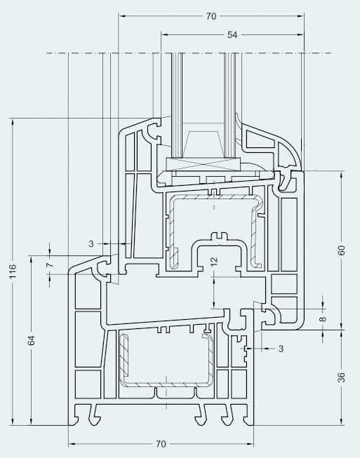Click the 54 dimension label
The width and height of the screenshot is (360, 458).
click(232, 35)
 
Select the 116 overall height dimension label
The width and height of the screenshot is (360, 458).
click(13, 271)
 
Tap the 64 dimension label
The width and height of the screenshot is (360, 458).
click(32, 340)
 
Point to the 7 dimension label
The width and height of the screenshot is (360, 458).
click(51, 264)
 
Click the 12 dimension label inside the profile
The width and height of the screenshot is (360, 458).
click(214, 261)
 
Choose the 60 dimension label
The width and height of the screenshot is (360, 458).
click(341, 250)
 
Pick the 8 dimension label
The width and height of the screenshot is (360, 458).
click(323, 318)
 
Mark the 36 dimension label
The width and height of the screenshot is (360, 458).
click(341, 377)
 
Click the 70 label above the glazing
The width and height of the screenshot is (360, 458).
click(211, 16)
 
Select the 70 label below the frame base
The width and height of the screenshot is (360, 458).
click(161, 444)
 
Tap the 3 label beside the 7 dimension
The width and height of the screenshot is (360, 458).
click(91, 243)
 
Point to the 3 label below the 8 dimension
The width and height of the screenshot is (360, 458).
click(281, 349)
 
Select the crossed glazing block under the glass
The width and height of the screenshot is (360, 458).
click(203, 164)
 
